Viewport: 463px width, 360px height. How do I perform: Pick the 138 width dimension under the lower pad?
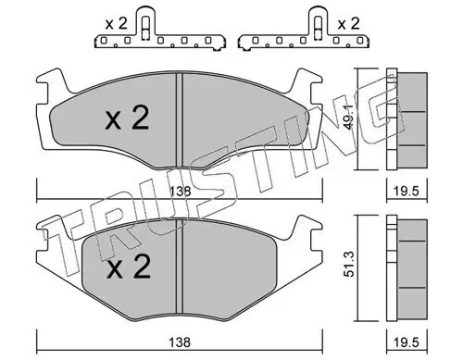(182, 341)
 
